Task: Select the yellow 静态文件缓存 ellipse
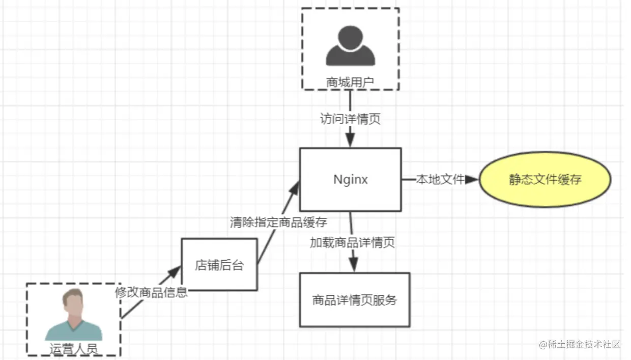tap(544, 180)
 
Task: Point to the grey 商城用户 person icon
tap(350, 46)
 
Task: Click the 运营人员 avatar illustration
tap(73, 316)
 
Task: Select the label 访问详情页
tap(350, 120)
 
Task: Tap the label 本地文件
tap(440, 179)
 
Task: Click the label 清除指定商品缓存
tap(278, 223)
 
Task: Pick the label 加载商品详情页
tap(352, 243)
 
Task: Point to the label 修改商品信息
tap(151, 292)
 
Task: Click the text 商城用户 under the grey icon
tap(350, 81)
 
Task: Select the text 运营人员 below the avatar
tap(73, 349)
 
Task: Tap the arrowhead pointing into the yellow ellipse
tap(472, 179)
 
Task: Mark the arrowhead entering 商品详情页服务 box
tap(353, 265)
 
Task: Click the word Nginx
tap(350, 180)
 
